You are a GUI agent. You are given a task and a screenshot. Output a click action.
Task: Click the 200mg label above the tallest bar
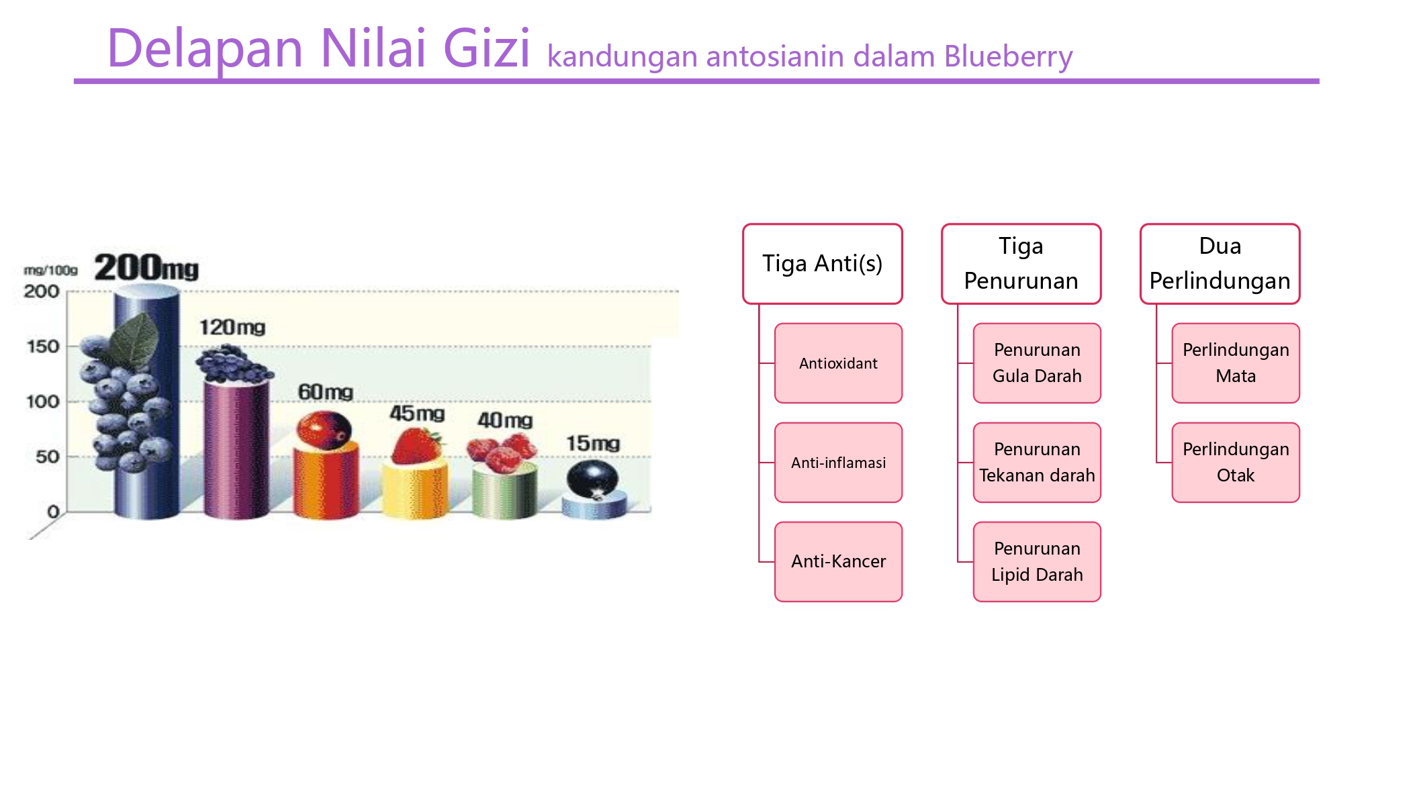click(x=146, y=267)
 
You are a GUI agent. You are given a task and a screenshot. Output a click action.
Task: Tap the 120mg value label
click(x=232, y=328)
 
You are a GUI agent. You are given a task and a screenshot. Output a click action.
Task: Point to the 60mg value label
click(x=326, y=391)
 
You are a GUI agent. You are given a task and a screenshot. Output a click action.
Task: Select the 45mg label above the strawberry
click(x=417, y=413)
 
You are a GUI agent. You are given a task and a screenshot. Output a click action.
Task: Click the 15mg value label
click(x=593, y=443)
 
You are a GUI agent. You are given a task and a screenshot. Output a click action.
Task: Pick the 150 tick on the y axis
click(x=43, y=346)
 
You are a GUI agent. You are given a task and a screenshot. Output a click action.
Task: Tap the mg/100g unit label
click(x=50, y=270)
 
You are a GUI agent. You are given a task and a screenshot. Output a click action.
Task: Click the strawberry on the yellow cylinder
click(x=416, y=446)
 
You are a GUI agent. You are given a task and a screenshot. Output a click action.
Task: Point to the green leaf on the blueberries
click(x=136, y=340)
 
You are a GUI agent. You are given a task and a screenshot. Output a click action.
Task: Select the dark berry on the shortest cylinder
click(x=592, y=479)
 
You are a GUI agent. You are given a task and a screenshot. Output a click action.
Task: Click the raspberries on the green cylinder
click(x=502, y=452)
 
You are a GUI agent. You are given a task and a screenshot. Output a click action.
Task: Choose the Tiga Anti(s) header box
click(x=822, y=264)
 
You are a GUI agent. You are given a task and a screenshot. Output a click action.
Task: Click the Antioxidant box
click(x=838, y=363)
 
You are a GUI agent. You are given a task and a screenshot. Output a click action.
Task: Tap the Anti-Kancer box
click(x=838, y=561)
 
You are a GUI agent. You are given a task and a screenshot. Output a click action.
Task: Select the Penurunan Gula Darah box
click(x=1037, y=363)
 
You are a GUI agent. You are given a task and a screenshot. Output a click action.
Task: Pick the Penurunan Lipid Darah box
click(x=1037, y=561)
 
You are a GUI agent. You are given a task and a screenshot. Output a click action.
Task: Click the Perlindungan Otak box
click(x=1236, y=463)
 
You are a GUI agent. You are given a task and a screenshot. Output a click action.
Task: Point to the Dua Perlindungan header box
click(x=1220, y=264)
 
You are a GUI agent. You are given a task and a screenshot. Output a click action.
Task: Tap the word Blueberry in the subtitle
click(x=1008, y=57)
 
